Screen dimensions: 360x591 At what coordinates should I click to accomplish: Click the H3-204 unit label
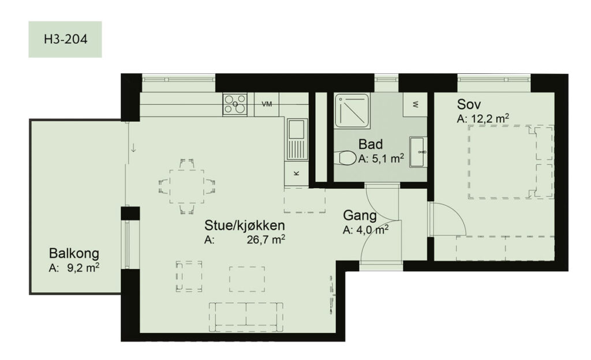[65, 40]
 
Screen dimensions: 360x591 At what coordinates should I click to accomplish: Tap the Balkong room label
[74, 253]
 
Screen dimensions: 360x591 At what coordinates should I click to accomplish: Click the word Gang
[360, 216]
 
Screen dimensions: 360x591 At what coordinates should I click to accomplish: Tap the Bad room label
[371, 144]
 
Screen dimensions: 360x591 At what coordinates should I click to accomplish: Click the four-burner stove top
[235, 104]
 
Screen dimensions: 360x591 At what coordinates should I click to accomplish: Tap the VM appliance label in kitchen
[267, 104]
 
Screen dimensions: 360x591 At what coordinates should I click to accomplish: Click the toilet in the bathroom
[346, 157]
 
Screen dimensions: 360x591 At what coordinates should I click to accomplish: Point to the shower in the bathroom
[352, 111]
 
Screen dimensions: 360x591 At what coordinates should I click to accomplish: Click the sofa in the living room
[246, 316]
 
